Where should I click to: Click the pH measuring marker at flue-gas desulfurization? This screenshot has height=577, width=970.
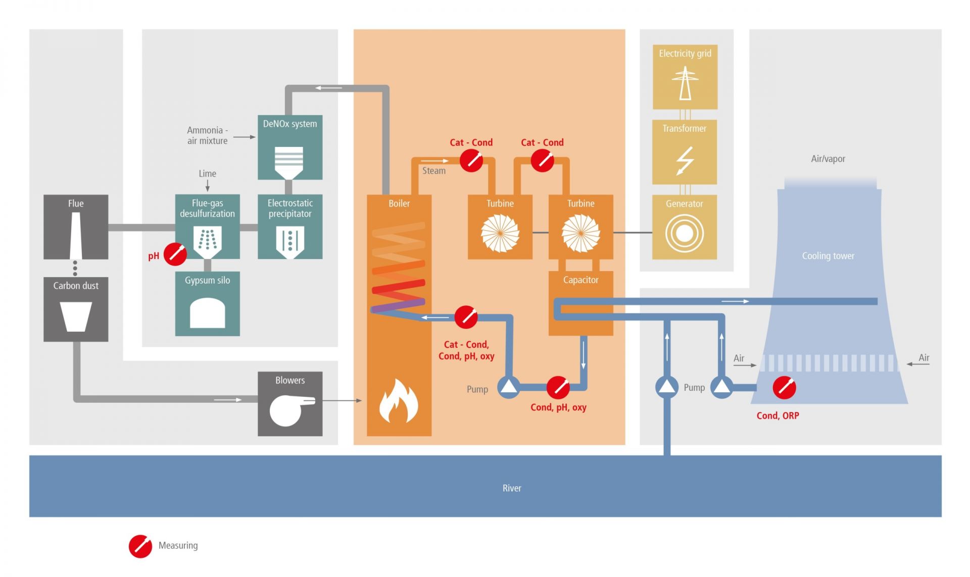pyautogui.click(x=175, y=254)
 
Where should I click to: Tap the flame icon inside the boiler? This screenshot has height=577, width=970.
pyautogui.click(x=399, y=402)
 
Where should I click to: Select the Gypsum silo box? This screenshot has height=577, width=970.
pyautogui.click(x=207, y=304)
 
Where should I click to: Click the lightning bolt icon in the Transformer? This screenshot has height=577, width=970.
pyautogui.click(x=685, y=161)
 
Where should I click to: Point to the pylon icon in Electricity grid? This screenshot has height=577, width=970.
pyautogui.click(x=685, y=84)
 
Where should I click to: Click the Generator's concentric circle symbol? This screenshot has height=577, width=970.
pyautogui.click(x=685, y=233)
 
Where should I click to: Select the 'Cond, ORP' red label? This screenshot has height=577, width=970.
pyautogui.click(x=778, y=415)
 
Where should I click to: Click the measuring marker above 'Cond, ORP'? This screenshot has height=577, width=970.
pyautogui.click(x=784, y=388)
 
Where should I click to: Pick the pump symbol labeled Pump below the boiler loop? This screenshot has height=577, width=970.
pyautogui.click(x=508, y=387)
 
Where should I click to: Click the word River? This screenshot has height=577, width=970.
pyautogui.click(x=511, y=488)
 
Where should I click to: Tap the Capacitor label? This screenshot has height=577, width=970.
pyautogui.click(x=580, y=280)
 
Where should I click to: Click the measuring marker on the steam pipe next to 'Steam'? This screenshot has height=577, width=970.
pyautogui.click(x=471, y=161)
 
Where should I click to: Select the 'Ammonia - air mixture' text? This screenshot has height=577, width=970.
pyautogui.click(x=207, y=135)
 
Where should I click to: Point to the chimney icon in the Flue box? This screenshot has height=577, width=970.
pyautogui.click(x=76, y=235)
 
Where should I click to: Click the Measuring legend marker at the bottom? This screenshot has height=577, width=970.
pyautogui.click(x=140, y=546)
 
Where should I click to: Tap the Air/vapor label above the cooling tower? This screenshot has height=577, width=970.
pyautogui.click(x=828, y=159)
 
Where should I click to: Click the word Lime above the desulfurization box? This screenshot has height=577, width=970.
pyautogui.click(x=207, y=173)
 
